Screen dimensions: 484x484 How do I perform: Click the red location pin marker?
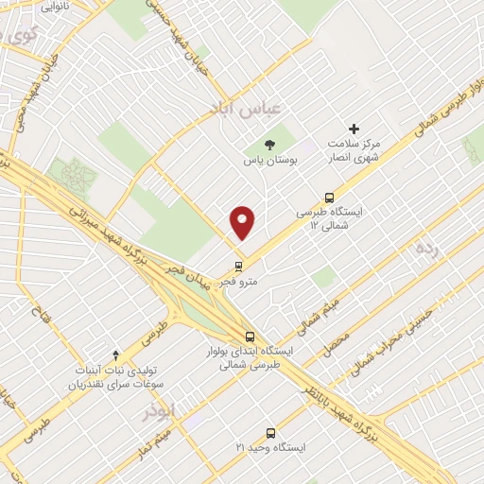point(243,222)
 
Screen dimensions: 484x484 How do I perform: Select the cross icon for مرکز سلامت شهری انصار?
point(354,129)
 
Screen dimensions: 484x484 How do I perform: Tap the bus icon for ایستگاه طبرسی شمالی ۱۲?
point(328,199)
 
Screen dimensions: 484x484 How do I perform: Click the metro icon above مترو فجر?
point(237,265)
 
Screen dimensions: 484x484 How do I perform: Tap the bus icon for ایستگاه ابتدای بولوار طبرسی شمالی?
point(250,335)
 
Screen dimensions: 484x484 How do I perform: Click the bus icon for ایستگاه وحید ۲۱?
point(272,432)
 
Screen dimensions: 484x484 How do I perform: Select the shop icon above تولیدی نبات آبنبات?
point(115,355)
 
